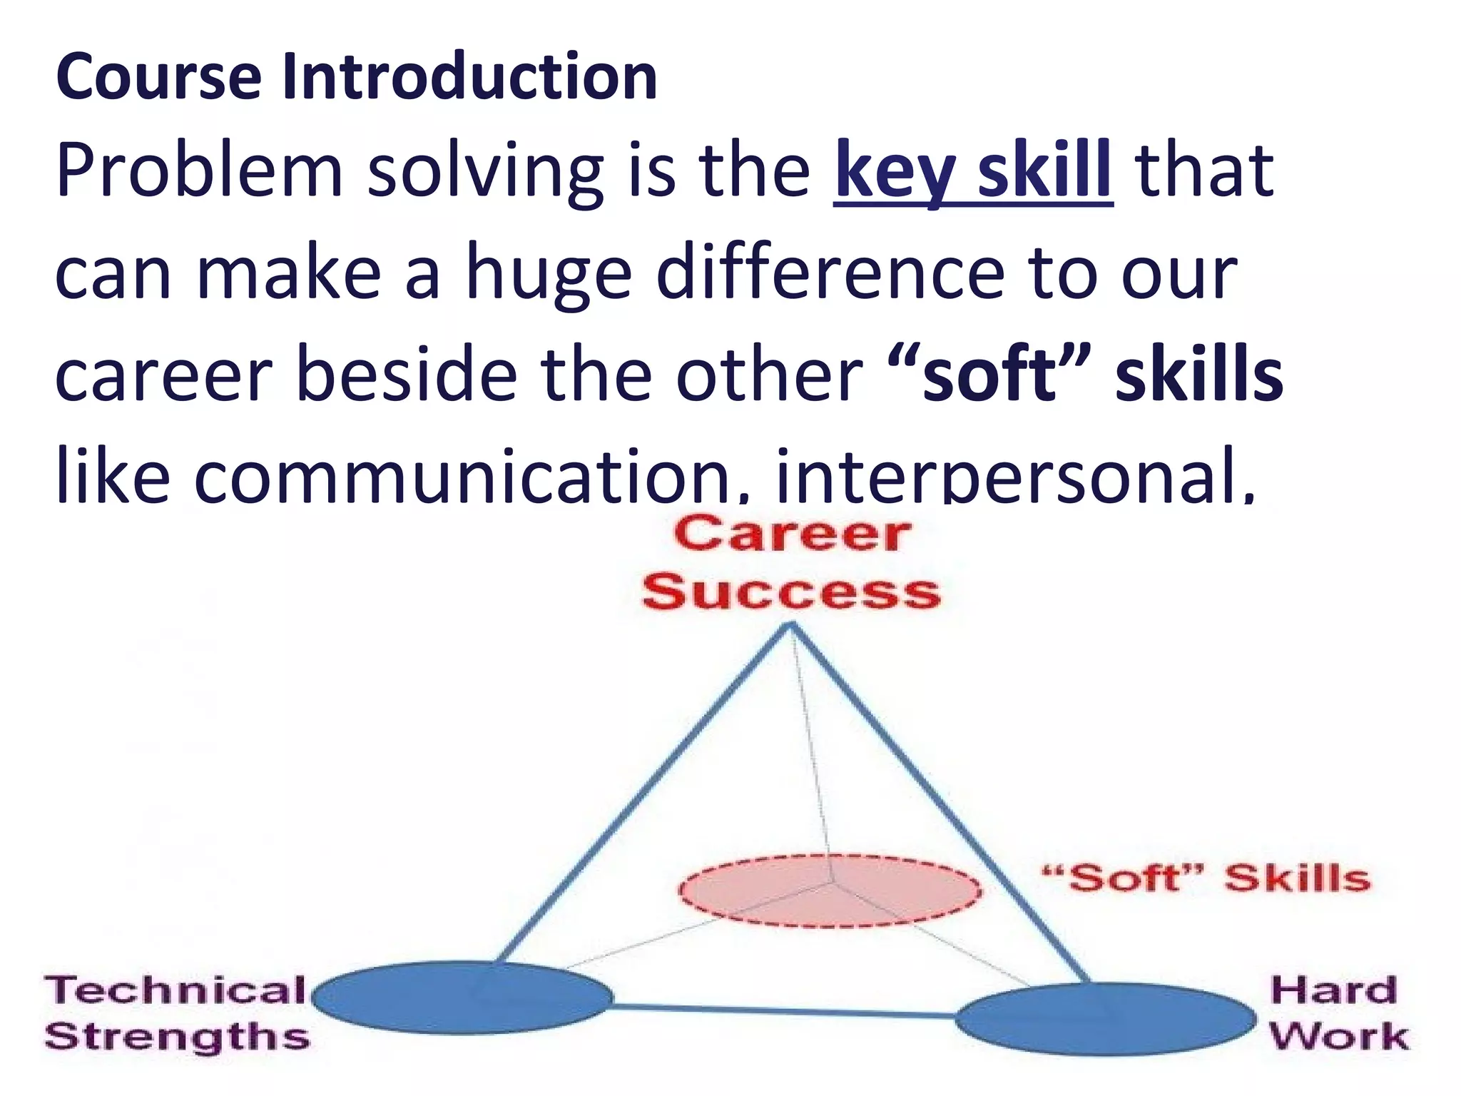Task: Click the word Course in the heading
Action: (158, 77)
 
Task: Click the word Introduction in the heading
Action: (469, 77)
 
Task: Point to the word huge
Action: (549, 277)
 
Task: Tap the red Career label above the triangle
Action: (792, 535)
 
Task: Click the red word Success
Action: (792, 593)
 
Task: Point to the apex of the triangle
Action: (790, 626)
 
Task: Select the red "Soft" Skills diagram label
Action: (1206, 878)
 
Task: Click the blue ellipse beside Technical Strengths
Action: (462, 998)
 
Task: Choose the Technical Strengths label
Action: (176, 1013)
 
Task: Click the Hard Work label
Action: (1338, 1013)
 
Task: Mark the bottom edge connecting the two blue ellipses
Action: (785, 1010)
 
